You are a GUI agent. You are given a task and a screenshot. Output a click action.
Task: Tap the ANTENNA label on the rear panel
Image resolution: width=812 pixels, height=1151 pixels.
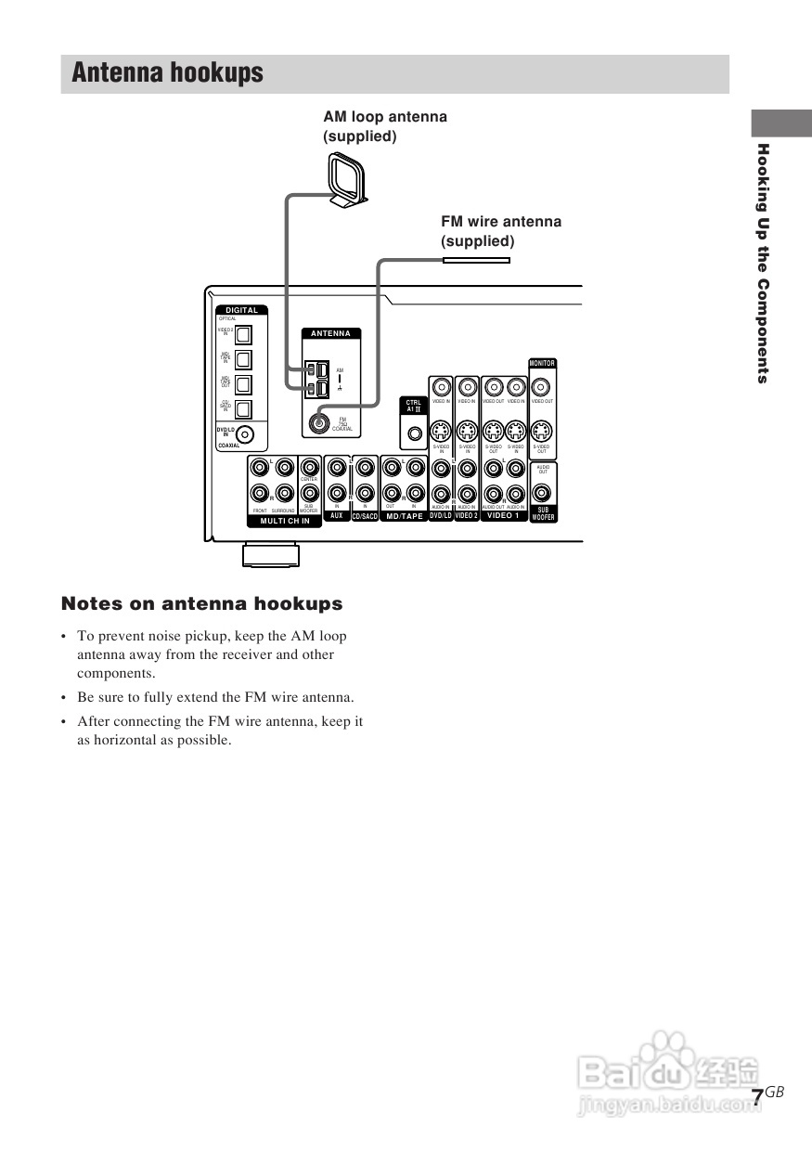330,333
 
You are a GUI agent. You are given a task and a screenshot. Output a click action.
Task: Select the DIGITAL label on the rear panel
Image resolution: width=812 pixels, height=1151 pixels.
241,310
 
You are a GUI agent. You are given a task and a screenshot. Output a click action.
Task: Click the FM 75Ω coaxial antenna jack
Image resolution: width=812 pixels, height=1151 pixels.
318,422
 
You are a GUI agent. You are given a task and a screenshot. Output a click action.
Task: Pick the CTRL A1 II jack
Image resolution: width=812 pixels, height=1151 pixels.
414,433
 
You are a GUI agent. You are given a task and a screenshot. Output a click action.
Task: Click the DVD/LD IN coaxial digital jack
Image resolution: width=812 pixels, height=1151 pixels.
245,433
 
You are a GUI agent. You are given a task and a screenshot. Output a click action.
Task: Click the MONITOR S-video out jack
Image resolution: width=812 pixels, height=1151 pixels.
542,431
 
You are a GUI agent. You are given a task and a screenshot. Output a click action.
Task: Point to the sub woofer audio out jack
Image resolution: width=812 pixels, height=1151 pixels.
543,494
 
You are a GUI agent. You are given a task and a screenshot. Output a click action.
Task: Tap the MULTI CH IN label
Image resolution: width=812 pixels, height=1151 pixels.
285,522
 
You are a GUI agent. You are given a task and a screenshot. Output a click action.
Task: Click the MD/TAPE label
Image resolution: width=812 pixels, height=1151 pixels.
404,516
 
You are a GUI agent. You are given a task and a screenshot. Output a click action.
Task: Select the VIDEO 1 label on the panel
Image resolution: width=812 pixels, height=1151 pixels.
504,515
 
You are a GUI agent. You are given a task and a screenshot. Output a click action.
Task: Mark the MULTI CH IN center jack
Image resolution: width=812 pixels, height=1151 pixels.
309,467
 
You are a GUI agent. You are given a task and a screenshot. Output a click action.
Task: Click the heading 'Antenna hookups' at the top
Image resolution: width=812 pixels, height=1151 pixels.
167,73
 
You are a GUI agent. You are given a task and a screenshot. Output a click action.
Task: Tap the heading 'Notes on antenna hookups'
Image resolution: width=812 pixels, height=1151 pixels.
201,604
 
